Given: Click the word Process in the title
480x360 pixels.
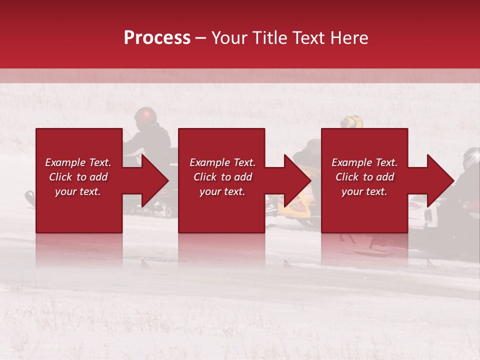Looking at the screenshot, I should pos(157,38).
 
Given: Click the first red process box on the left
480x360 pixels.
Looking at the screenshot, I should pos(79,210).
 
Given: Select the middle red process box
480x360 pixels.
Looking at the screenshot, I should pos(221,210).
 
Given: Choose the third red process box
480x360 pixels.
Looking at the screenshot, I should pos(364,210).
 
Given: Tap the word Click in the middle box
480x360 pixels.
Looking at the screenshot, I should pos(205,177).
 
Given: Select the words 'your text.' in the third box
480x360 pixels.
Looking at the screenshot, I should pos(364,191).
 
